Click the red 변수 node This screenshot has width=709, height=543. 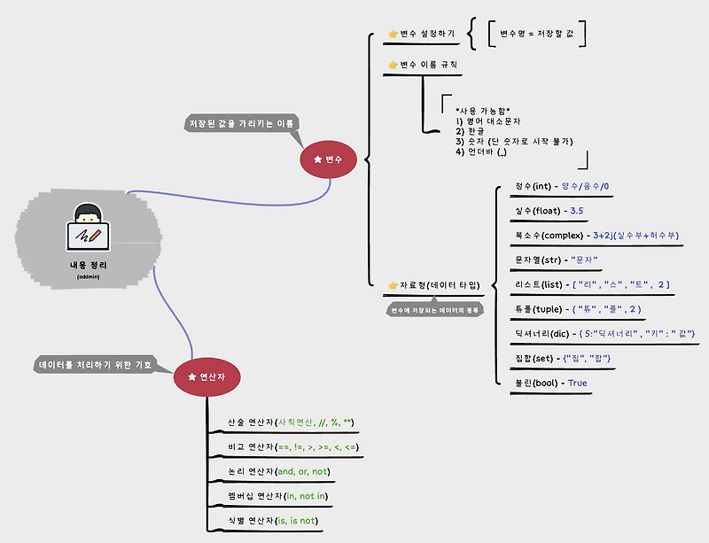coord(327,159)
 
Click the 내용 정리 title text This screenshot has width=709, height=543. coord(88,265)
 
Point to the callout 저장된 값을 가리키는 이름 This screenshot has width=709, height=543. coord(240,123)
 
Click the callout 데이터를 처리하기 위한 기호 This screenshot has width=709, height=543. coord(95,364)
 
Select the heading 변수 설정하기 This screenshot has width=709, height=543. coord(421,34)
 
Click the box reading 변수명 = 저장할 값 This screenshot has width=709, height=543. coord(538,34)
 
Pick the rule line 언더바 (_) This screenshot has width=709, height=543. coord(481,151)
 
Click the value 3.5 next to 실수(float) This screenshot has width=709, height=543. coord(577,211)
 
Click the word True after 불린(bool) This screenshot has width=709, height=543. coord(578,383)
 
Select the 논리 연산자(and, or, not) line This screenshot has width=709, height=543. coord(277,471)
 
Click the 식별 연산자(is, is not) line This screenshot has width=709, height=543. coord(271,521)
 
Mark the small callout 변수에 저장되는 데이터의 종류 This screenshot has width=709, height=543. coord(435,310)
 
